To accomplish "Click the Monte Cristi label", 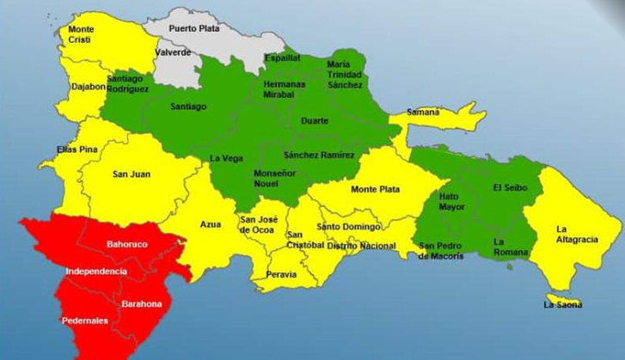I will [x=81, y=34].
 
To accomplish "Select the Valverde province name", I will [x=173, y=52].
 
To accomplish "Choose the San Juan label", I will [x=132, y=174].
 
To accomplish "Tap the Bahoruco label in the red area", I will [x=127, y=245].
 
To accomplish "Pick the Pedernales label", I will [x=84, y=320].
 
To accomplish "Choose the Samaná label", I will [x=423, y=113].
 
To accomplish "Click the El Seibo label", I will [x=505, y=187].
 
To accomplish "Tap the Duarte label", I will [x=314, y=121].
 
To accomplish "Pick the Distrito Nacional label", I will [x=361, y=247].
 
